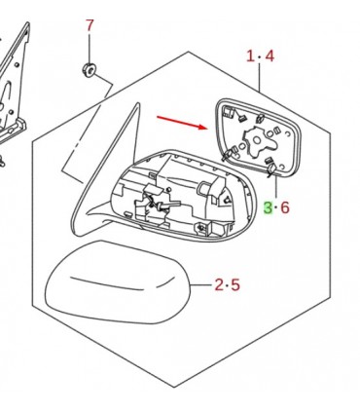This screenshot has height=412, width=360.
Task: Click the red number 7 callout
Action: pyautogui.click(x=90, y=25)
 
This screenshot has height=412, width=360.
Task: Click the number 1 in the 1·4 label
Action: pyautogui.click(x=250, y=56)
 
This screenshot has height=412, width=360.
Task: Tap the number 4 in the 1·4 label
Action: pyautogui.click(x=270, y=56)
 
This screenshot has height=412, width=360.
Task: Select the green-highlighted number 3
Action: pyautogui.click(x=268, y=207)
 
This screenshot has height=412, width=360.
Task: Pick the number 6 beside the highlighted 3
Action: pyautogui.click(x=285, y=207)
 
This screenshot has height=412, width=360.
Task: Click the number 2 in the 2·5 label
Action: pyautogui.click(x=219, y=284)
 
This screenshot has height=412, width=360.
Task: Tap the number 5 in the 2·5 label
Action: pyautogui.click(x=235, y=284)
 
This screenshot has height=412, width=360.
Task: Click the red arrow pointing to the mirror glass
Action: pyautogui.click(x=182, y=123)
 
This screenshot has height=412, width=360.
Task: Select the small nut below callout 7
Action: pyautogui.click(x=89, y=69)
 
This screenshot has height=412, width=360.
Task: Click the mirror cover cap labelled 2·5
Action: pyautogui.click(x=117, y=282)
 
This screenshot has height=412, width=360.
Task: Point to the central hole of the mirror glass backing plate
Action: pyautogui.click(x=257, y=140)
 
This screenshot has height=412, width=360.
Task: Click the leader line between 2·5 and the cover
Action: pyautogui.click(x=201, y=285)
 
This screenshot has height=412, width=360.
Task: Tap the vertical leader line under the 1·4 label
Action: pyautogui.click(x=260, y=77)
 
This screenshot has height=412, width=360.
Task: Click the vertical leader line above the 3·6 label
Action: pyautogui.click(x=276, y=186)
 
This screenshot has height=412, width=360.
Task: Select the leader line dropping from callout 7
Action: pyautogui.click(x=90, y=48)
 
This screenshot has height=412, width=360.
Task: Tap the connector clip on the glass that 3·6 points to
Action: pyautogui.click(x=271, y=169)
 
